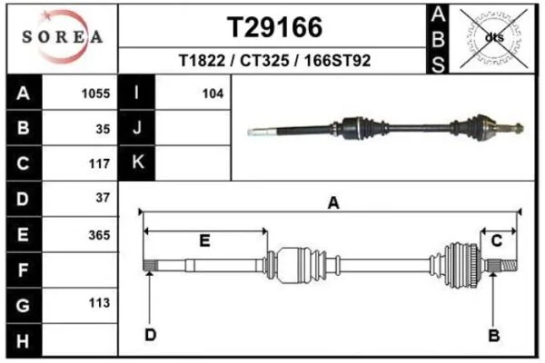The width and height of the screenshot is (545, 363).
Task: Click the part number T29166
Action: pos(274,27)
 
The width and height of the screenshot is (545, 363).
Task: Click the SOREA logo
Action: pos(63,36)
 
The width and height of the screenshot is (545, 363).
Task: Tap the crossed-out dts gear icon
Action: pos(493,38)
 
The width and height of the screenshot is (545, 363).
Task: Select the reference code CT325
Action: pos(264,61)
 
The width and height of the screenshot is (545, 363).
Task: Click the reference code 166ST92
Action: pos(338,61)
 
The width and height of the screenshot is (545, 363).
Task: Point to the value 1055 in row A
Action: pos(95,93)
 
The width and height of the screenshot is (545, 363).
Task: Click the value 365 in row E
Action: pos(99,235)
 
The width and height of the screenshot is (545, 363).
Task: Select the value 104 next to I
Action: pos(213,93)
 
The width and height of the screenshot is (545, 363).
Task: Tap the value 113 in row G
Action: pos(99,303)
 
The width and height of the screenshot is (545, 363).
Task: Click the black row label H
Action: pos(24,340)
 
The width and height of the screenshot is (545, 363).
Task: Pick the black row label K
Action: pos(137,162)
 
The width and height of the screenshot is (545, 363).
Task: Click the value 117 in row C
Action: pos(99,163)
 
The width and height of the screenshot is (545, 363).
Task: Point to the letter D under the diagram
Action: pos(150,335)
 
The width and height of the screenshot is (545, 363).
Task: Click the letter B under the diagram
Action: pos(494,335)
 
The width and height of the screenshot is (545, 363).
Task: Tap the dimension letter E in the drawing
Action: pos(204,240)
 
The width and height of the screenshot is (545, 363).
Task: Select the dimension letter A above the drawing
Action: pos(333,202)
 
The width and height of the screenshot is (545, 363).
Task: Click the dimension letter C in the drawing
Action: pos(497,240)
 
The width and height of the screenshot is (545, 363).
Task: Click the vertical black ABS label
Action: pos(438,39)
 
